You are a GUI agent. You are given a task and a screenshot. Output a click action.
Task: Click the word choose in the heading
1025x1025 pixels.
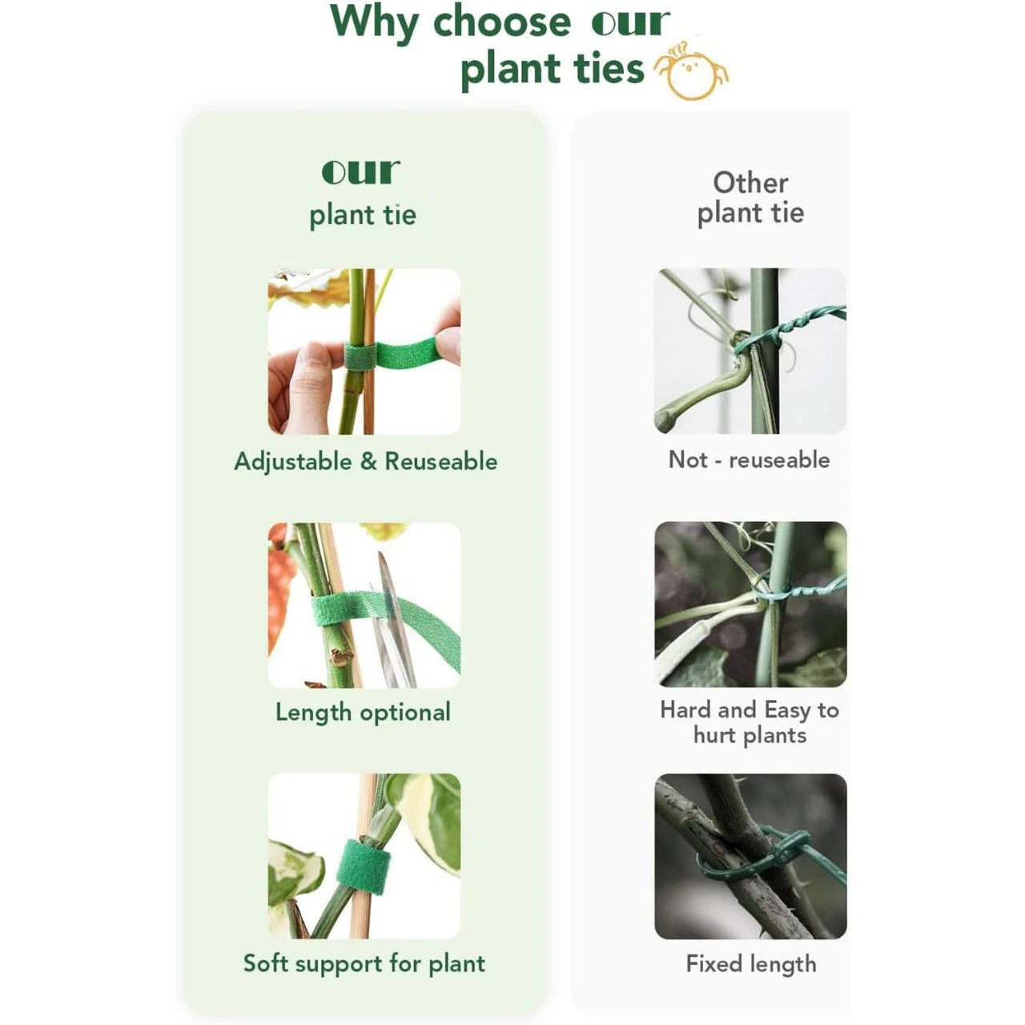pos(502,22)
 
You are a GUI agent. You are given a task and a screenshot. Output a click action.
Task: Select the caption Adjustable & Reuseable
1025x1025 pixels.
pos(365,461)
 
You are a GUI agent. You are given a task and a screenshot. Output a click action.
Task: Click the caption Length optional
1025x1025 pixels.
pos(363,712)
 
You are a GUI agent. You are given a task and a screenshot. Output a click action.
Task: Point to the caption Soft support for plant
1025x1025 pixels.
pos(364,963)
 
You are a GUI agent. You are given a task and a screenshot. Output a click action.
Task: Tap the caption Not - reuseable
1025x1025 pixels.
pos(749,460)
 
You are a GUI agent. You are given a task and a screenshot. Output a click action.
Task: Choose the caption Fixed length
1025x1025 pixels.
pos(750,964)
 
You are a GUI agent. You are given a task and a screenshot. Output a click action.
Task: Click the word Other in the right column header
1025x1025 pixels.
pos(750,183)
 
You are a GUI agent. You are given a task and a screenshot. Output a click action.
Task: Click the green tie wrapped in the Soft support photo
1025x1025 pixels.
pos(363,866)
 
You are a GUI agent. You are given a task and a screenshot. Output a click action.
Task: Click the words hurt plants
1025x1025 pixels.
pos(750,735)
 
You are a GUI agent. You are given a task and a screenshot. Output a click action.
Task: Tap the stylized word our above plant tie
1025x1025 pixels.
pos(360,172)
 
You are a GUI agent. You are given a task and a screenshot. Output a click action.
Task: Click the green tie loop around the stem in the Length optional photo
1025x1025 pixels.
pos(333,610)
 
